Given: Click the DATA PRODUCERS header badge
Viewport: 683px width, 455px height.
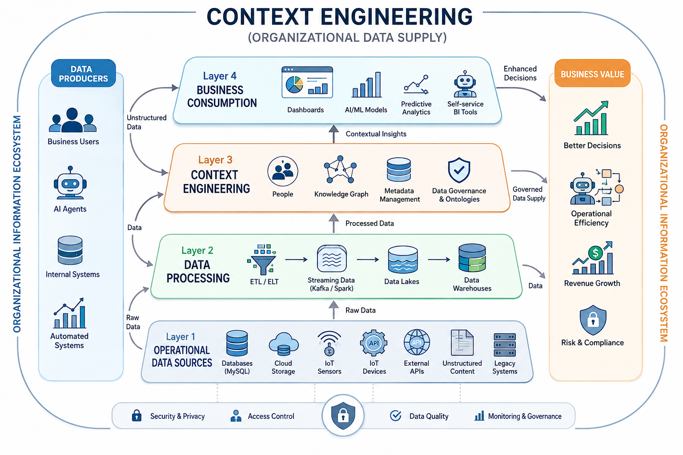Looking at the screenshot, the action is tap(83, 73).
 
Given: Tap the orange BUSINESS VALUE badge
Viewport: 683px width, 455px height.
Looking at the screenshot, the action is tap(592, 73).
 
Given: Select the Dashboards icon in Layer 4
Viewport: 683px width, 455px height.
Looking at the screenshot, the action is tap(307, 82).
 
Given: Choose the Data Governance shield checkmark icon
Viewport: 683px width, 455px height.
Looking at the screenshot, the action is tap(459, 170).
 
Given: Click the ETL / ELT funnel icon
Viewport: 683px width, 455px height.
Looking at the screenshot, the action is tap(262, 259).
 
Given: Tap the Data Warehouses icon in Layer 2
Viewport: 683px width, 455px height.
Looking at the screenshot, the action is tap(472, 258).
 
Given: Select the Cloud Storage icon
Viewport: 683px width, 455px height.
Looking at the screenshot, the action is tap(284, 344).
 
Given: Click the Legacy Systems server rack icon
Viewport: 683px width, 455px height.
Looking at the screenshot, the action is tap(505, 345).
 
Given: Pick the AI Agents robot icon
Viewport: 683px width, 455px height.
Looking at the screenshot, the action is tap(70, 183).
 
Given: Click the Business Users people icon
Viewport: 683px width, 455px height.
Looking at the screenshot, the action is tap(72, 120).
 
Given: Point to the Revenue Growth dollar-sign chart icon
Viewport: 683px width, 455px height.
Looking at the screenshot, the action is tap(592, 258).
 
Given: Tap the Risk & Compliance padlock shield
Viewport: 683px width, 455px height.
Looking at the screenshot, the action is tap(593, 320).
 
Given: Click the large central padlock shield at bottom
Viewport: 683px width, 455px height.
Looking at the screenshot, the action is tap(343, 415).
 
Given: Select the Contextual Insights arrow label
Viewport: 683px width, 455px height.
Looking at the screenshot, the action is tap(376, 134).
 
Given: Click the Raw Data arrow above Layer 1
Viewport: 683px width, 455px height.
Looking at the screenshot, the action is tap(334, 310).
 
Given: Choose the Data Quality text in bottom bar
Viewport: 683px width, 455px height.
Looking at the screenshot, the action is tap(429, 416).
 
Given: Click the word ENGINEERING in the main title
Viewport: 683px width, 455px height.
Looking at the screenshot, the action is tap(396, 17).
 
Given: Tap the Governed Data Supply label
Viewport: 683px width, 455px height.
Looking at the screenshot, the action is tap(529, 194).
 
